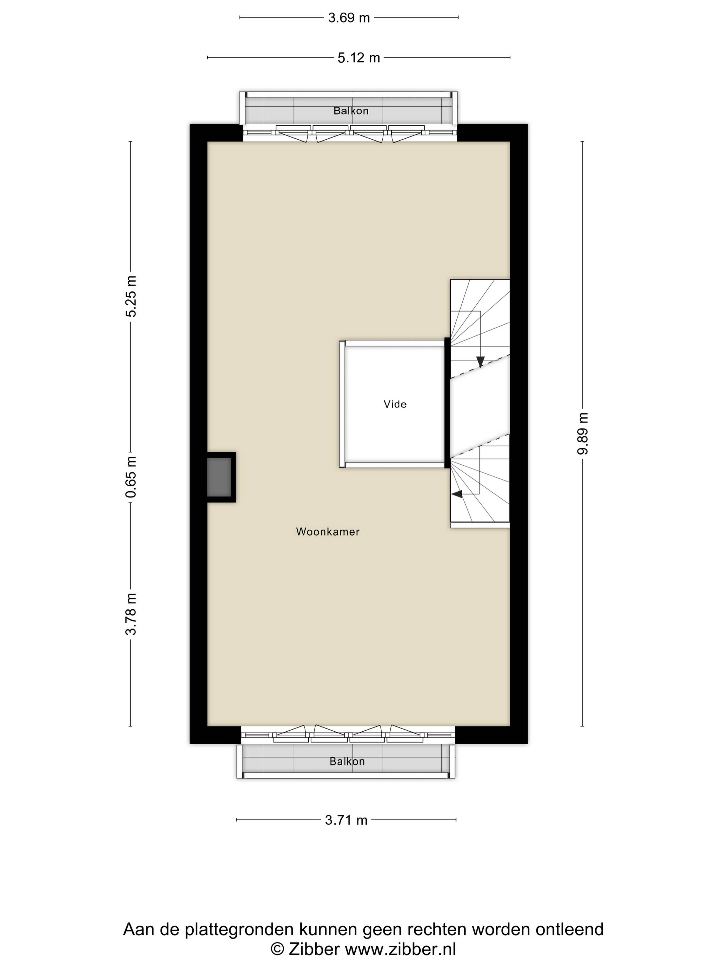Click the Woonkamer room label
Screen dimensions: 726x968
tap(328, 532)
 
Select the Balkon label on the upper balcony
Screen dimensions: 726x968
tap(351, 111)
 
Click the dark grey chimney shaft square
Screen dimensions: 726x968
tap(219, 477)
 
